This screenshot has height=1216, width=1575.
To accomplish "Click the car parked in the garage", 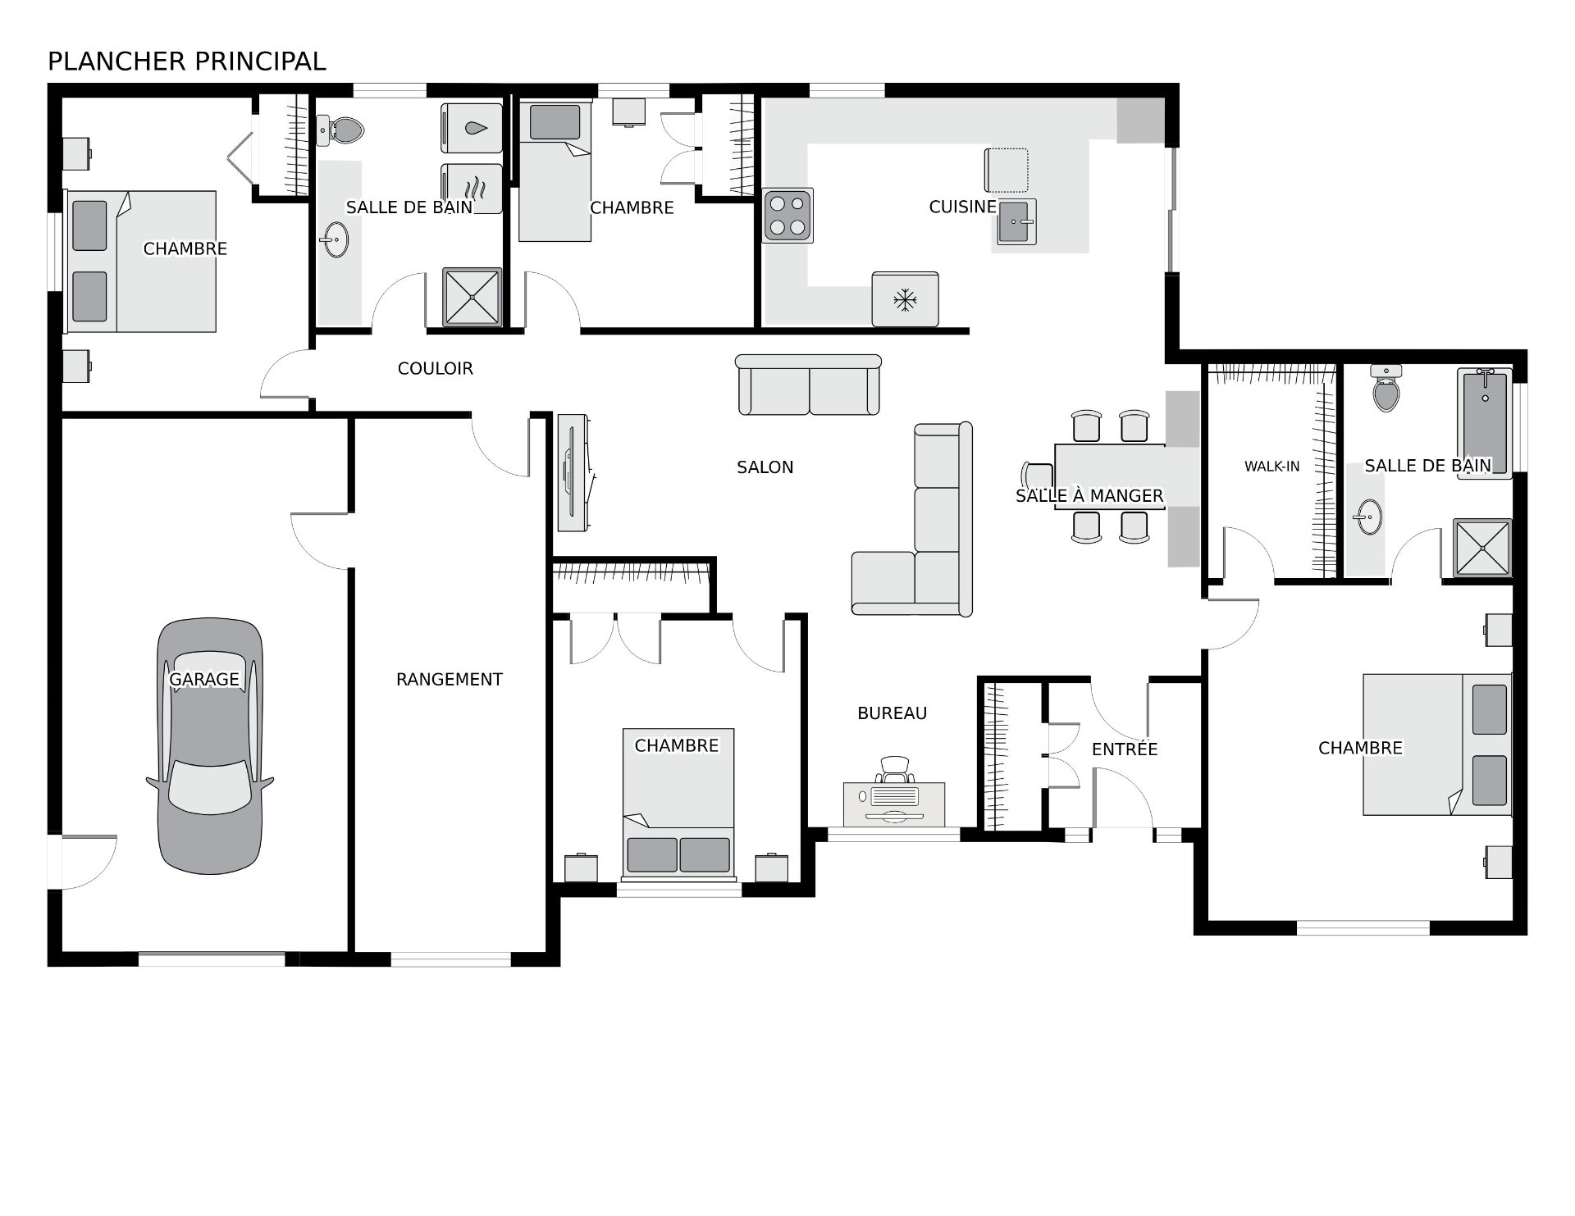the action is [210, 746].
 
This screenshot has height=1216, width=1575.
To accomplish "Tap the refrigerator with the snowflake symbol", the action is [906, 299].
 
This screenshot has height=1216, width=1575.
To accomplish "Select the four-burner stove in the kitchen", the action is [788, 216].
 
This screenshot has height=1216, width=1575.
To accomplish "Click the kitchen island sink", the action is [1017, 221].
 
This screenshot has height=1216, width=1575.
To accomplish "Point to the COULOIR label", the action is [436, 369].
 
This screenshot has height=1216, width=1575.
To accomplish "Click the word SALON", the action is [765, 467].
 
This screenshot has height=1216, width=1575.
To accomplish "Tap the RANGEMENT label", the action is [450, 679].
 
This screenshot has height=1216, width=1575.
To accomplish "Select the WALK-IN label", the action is [1272, 467].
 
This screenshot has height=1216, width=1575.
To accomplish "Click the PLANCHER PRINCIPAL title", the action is [187, 61].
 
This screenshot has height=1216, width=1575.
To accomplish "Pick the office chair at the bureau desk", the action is [895, 771].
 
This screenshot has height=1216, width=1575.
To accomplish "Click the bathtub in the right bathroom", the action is [1485, 423].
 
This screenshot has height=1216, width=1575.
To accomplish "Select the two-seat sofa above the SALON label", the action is [809, 385].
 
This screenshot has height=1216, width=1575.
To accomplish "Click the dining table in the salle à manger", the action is [1110, 476].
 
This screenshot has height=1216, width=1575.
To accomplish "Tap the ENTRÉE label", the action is [1125, 749].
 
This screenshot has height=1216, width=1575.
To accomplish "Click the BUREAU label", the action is [892, 713].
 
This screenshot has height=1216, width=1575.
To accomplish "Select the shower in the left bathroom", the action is [472, 297].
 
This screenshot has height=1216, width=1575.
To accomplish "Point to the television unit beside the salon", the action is [573, 472].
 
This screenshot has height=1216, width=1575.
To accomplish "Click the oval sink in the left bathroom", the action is [334, 239].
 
